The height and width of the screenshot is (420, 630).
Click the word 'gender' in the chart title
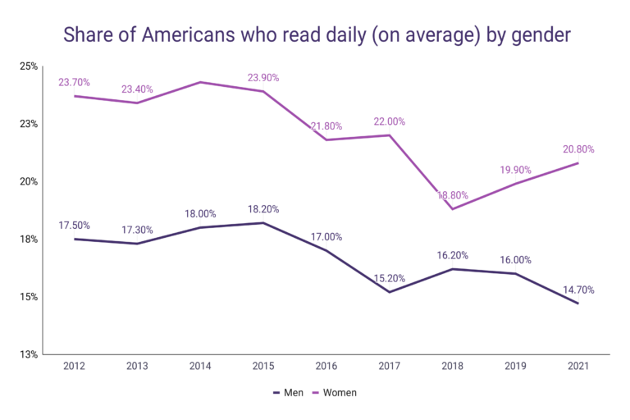click(x=537, y=35)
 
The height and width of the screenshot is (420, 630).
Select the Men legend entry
click(x=288, y=393)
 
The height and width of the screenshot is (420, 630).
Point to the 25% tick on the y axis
click(x=29, y=66)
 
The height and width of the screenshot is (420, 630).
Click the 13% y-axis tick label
click(x=29, y=354)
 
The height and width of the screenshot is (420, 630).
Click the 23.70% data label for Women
click(x=74, y=82)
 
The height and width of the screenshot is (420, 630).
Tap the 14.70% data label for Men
click(x=579, y=290)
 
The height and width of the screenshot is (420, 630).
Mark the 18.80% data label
click(x=453, y=195)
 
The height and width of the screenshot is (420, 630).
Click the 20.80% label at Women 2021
click(x=579, y=149)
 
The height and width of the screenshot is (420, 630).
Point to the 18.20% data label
click(x=263, y=209)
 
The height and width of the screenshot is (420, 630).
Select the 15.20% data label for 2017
click(x=390, y=278)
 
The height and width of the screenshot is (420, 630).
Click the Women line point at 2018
click(x=453, y=209)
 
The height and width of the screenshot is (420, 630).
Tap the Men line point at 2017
click(x=390, y=292)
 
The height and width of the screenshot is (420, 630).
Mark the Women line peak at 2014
click(x=200, y=82)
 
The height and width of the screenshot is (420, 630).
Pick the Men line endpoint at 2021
click(x=579, y=304)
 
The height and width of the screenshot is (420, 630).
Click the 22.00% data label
click(x=390, y=121)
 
